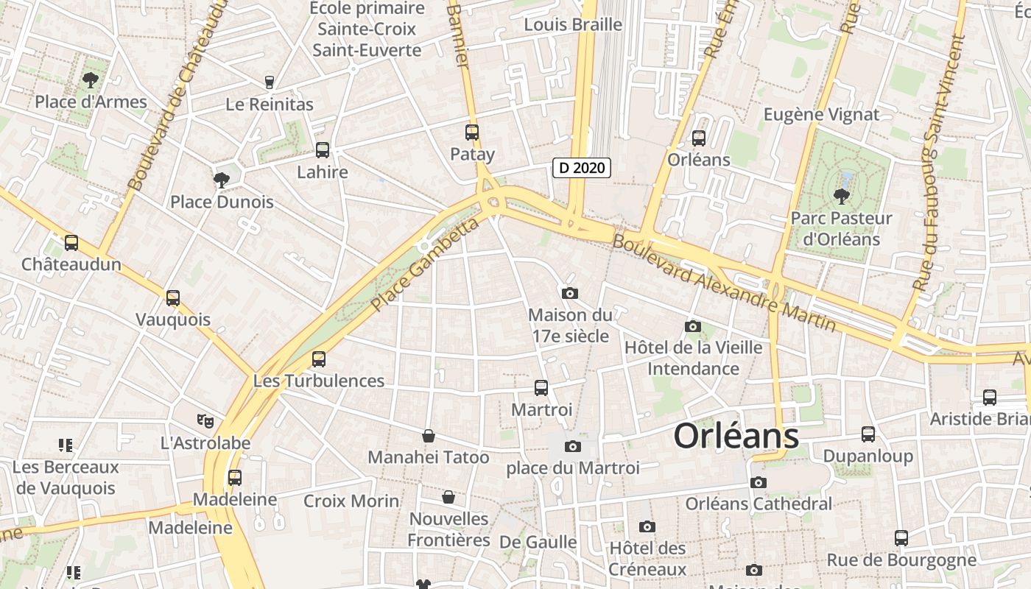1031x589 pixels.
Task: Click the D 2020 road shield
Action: click(x=582, y=168)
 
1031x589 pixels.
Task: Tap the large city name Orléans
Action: click(x=736, y=436)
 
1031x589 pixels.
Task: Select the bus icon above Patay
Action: click(x=472, y=133)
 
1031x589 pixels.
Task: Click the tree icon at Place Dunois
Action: click(x=221, y=180)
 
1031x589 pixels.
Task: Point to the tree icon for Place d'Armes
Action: click(x=91, y=80)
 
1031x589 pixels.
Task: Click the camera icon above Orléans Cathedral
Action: click(x=758, y=483)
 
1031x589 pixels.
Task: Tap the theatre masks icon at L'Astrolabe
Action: click(x=205, y=421)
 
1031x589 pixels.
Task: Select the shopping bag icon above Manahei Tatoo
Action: click(x=429, y=436)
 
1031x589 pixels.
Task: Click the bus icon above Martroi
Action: click(x=541, y=388)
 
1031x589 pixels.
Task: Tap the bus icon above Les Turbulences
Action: click(x=319, y=359)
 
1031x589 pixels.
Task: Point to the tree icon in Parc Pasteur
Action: click(x=841, y=197)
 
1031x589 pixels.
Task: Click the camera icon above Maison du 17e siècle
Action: click(x=569, y=294)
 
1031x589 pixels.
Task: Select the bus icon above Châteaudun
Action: click(x=71, y=242)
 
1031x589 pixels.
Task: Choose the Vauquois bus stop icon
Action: click(x=173, y=298)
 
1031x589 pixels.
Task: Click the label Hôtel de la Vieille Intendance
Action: click(x=693, y=358)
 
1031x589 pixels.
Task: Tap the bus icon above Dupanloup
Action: click(x=868, y=434)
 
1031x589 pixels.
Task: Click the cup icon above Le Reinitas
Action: click(x=270, y=82)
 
